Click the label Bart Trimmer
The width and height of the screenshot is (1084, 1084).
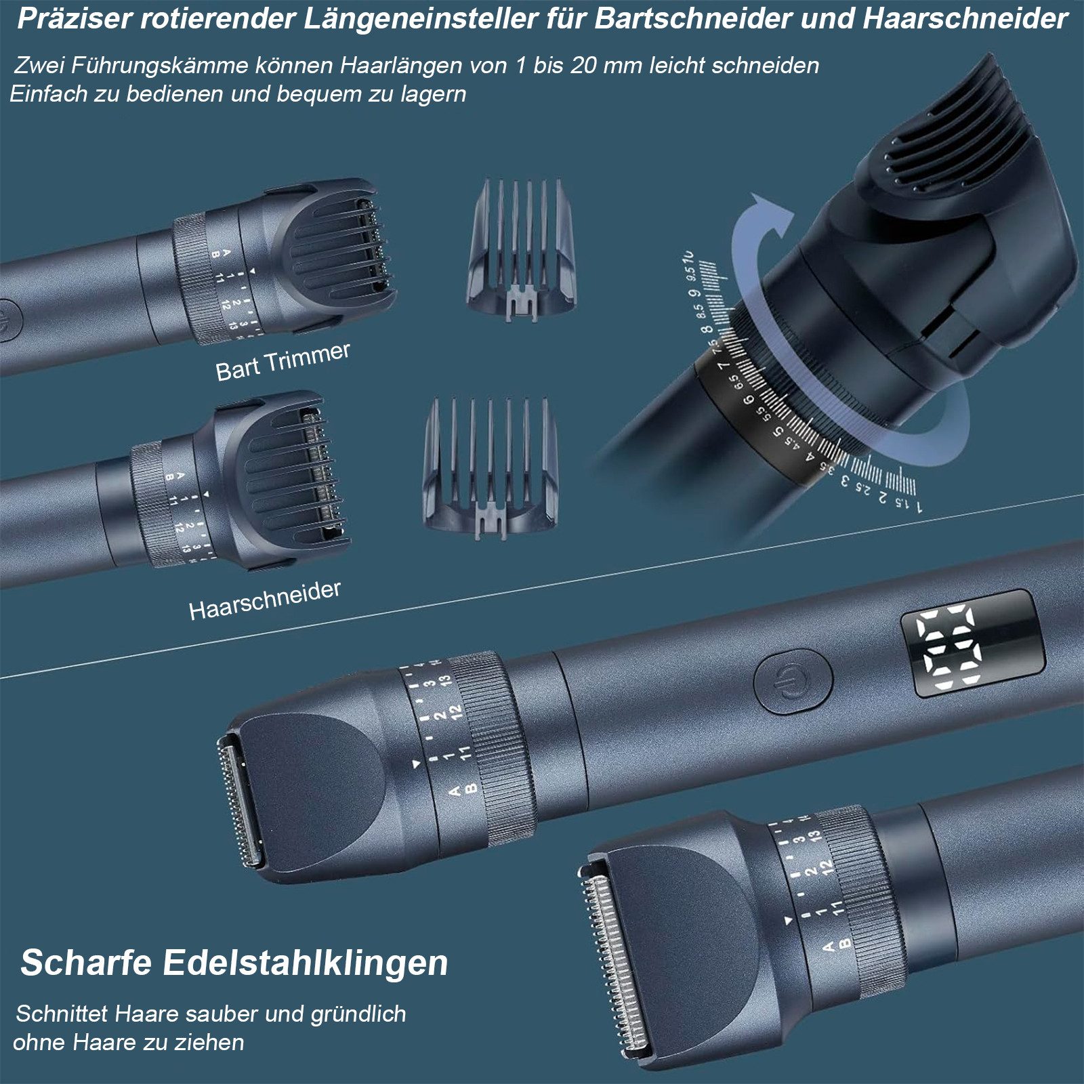click(283, 361)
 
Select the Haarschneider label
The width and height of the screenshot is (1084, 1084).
click(264, 600)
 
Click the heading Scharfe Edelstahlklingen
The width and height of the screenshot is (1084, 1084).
click(234, 963)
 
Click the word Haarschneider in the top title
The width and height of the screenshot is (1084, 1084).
click(965, 19)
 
